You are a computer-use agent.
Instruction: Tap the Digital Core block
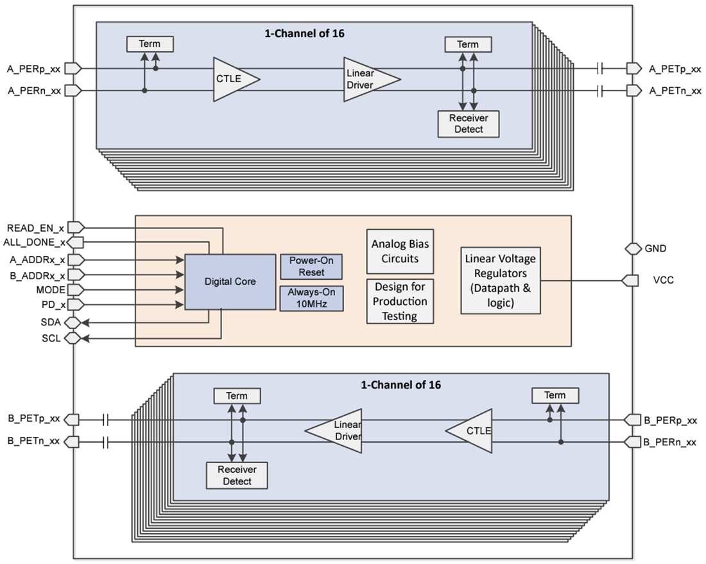[230, 282]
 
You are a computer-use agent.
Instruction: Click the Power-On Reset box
[311, 266]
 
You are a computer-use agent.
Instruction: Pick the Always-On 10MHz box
[311, 298]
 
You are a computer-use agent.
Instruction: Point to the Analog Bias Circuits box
[400, 252]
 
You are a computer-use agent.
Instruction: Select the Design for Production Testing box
[400, 301]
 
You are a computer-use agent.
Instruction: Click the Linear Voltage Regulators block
[501, 280]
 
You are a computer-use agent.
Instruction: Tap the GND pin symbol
[633, 248]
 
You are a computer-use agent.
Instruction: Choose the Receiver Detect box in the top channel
[469, 124]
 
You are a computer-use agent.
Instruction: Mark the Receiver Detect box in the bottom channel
[237, 475]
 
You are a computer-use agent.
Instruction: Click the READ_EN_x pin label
[35, 227]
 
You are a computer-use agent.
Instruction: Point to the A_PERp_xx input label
[35, 68]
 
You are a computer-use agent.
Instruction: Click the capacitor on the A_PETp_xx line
[600, 68]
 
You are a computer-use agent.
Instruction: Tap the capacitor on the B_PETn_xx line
[106, 442]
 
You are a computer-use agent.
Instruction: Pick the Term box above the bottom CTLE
[555, 395]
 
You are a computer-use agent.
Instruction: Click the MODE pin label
[47, 290]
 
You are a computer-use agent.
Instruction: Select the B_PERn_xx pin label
[670, 442]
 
